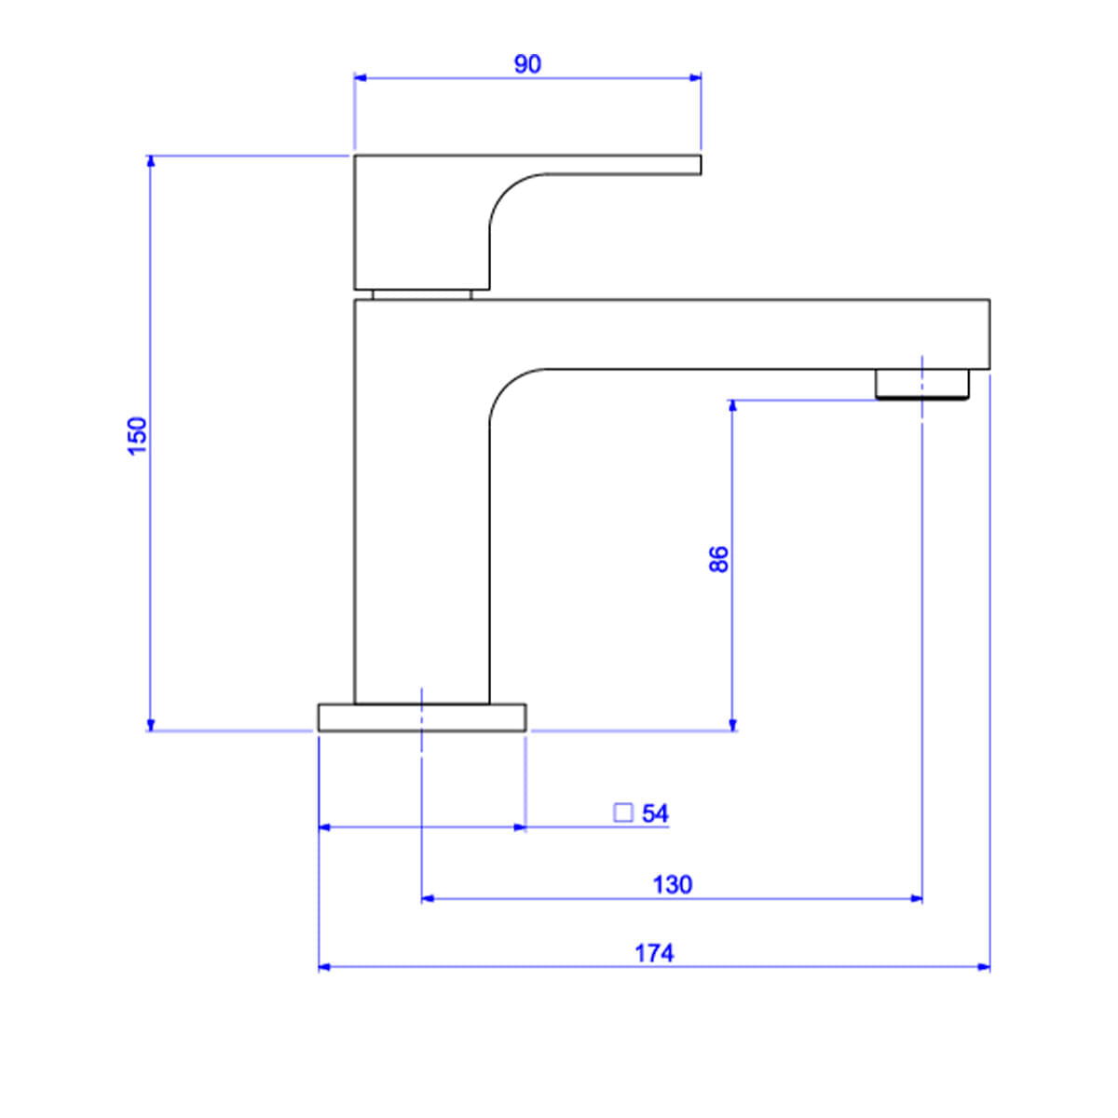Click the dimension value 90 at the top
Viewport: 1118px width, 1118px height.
527,64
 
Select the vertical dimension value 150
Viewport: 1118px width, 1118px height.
138,436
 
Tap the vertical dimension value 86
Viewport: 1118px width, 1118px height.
719,559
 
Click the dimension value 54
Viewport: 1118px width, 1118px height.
655,813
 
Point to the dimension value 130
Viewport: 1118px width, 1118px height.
673,885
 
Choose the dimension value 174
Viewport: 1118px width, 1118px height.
654,953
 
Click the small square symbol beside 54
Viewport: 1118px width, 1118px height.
623,812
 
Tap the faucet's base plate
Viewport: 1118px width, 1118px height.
422,717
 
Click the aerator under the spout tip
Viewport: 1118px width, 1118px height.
922,384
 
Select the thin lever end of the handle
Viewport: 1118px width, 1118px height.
623,164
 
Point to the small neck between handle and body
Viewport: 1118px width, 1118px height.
422,294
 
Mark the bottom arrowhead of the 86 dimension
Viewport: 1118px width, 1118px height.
732,725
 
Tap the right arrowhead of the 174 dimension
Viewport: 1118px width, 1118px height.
984,967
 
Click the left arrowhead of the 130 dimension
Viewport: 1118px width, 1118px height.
429,899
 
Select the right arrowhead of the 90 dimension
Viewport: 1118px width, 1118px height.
695,77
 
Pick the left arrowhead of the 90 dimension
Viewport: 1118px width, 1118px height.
361,77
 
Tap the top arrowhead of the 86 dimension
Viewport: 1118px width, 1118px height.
732,406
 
